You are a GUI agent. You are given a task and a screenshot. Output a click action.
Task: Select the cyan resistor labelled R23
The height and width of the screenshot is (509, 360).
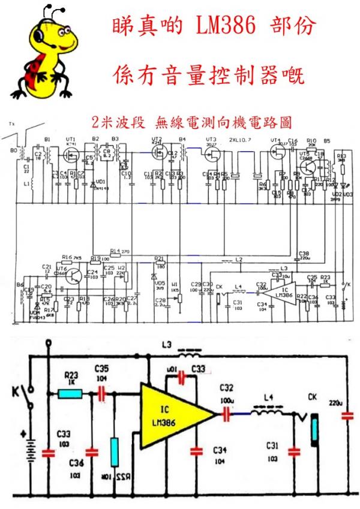click(x=70, y=394)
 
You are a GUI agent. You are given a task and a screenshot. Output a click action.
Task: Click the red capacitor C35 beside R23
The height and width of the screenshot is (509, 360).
click(x=101, y=394)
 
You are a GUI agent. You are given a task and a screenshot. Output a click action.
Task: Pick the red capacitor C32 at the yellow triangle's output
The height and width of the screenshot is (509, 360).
click(x=227, y=413)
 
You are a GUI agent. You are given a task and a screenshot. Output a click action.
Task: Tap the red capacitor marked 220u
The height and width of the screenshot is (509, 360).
click(x=347, y=415)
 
